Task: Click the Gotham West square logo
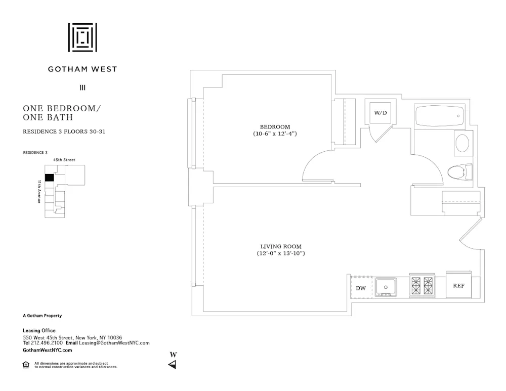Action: click(x=82, y=37)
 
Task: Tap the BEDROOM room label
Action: click(x=275, y=126)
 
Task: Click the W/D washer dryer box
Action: click(x=380, y=112)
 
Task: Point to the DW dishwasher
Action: click(x=361, y=288)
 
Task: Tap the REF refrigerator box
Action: click(x=458, y=286)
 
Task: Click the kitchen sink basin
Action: click(x=386, y=287)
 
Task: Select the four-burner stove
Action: click(x=422, y=286)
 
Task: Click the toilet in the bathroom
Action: click(x=459, y=172)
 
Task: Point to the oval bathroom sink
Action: click(x=462, y=143)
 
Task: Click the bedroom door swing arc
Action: click(x=317, y=163)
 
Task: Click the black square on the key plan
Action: click(x=50, y=178)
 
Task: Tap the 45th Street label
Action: click(x=64, y=160)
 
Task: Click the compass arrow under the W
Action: click(x=173, y=365)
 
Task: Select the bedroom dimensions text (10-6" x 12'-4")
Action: click(x=275, y=134)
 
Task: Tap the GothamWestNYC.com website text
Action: click(x=48, y=350)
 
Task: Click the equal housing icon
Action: click(x=26, y=365)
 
